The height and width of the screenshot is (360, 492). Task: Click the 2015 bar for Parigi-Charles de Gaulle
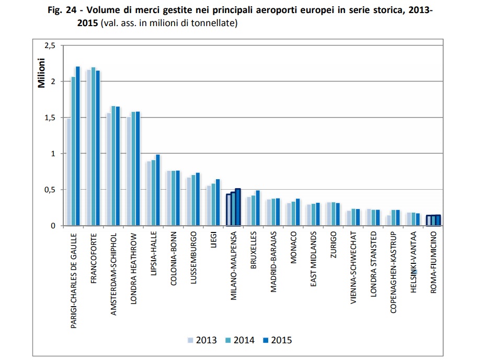[x=78, y=146]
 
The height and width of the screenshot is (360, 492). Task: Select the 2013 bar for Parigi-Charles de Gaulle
[x=68, y=172]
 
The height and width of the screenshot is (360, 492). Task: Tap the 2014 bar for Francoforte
[x=93, y=147]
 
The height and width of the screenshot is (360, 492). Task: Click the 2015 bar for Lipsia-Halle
[x=157, y=190]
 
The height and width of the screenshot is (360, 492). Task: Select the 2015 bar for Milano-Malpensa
[x=238, y=207]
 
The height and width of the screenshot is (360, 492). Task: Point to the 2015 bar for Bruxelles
[x=258, y=208]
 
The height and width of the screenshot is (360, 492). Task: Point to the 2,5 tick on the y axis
[x=50, y=46]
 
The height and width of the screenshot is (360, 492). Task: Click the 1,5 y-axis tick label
[x=50, y=118]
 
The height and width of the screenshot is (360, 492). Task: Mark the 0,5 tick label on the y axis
[x=50, y=190]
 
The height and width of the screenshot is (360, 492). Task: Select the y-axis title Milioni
[x=41, y=73]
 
